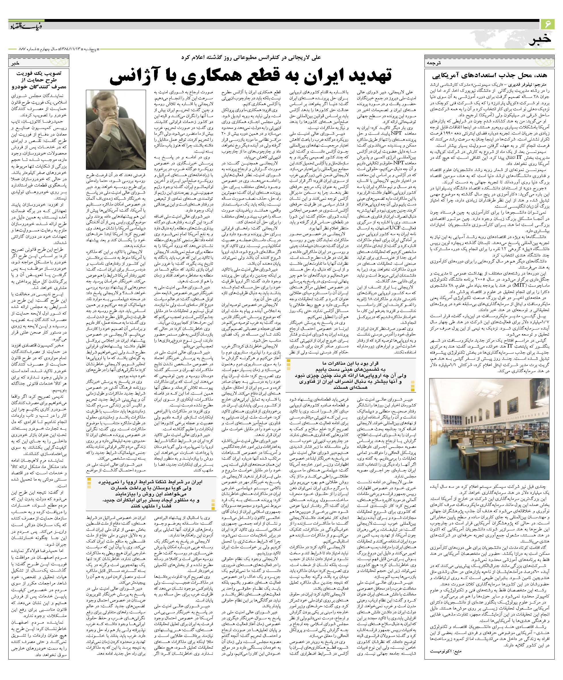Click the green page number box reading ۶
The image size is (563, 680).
click(x=548, y=24)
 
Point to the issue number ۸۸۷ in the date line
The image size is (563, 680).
click(x=14, y=50)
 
